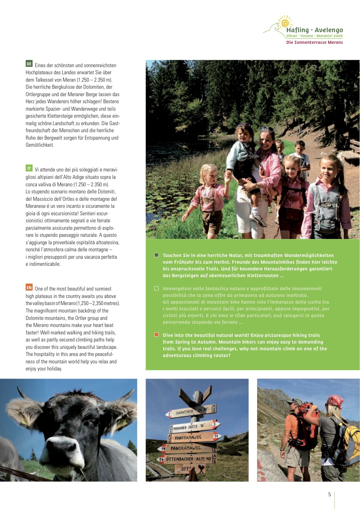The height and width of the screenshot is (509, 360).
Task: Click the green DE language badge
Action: (29, 64)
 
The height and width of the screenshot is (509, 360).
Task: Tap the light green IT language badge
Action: (29, 168)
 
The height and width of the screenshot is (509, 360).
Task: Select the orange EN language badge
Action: (29, 287)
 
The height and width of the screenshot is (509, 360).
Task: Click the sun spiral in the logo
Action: (284, 23)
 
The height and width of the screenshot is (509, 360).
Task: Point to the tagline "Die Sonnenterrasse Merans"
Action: (314, 42)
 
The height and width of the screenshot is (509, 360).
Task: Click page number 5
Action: (330, 495)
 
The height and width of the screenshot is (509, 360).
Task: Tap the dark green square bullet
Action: (157, 255)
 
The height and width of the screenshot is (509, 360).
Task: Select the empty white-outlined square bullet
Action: (157, 288)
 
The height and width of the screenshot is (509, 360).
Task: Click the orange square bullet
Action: (157, 335)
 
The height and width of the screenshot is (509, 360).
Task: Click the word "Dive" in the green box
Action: (168, 335)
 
